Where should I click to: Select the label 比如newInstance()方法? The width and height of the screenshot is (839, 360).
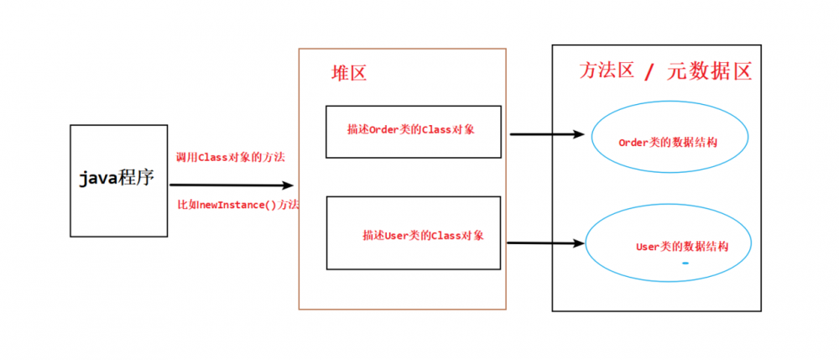238,205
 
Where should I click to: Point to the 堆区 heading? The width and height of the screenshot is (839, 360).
349,74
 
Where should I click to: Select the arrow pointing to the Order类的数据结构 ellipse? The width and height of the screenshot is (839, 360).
545,134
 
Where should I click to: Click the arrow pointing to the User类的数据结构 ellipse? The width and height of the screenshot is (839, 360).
545,243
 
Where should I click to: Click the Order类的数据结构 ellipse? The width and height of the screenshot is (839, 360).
668,143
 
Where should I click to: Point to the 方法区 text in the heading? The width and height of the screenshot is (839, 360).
606,71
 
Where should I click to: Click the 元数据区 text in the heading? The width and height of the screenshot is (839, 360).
709,71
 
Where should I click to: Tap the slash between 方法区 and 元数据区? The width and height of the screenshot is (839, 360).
649,72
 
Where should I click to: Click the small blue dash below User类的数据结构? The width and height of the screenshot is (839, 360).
685,263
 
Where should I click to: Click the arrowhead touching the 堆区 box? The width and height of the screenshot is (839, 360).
289,185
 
